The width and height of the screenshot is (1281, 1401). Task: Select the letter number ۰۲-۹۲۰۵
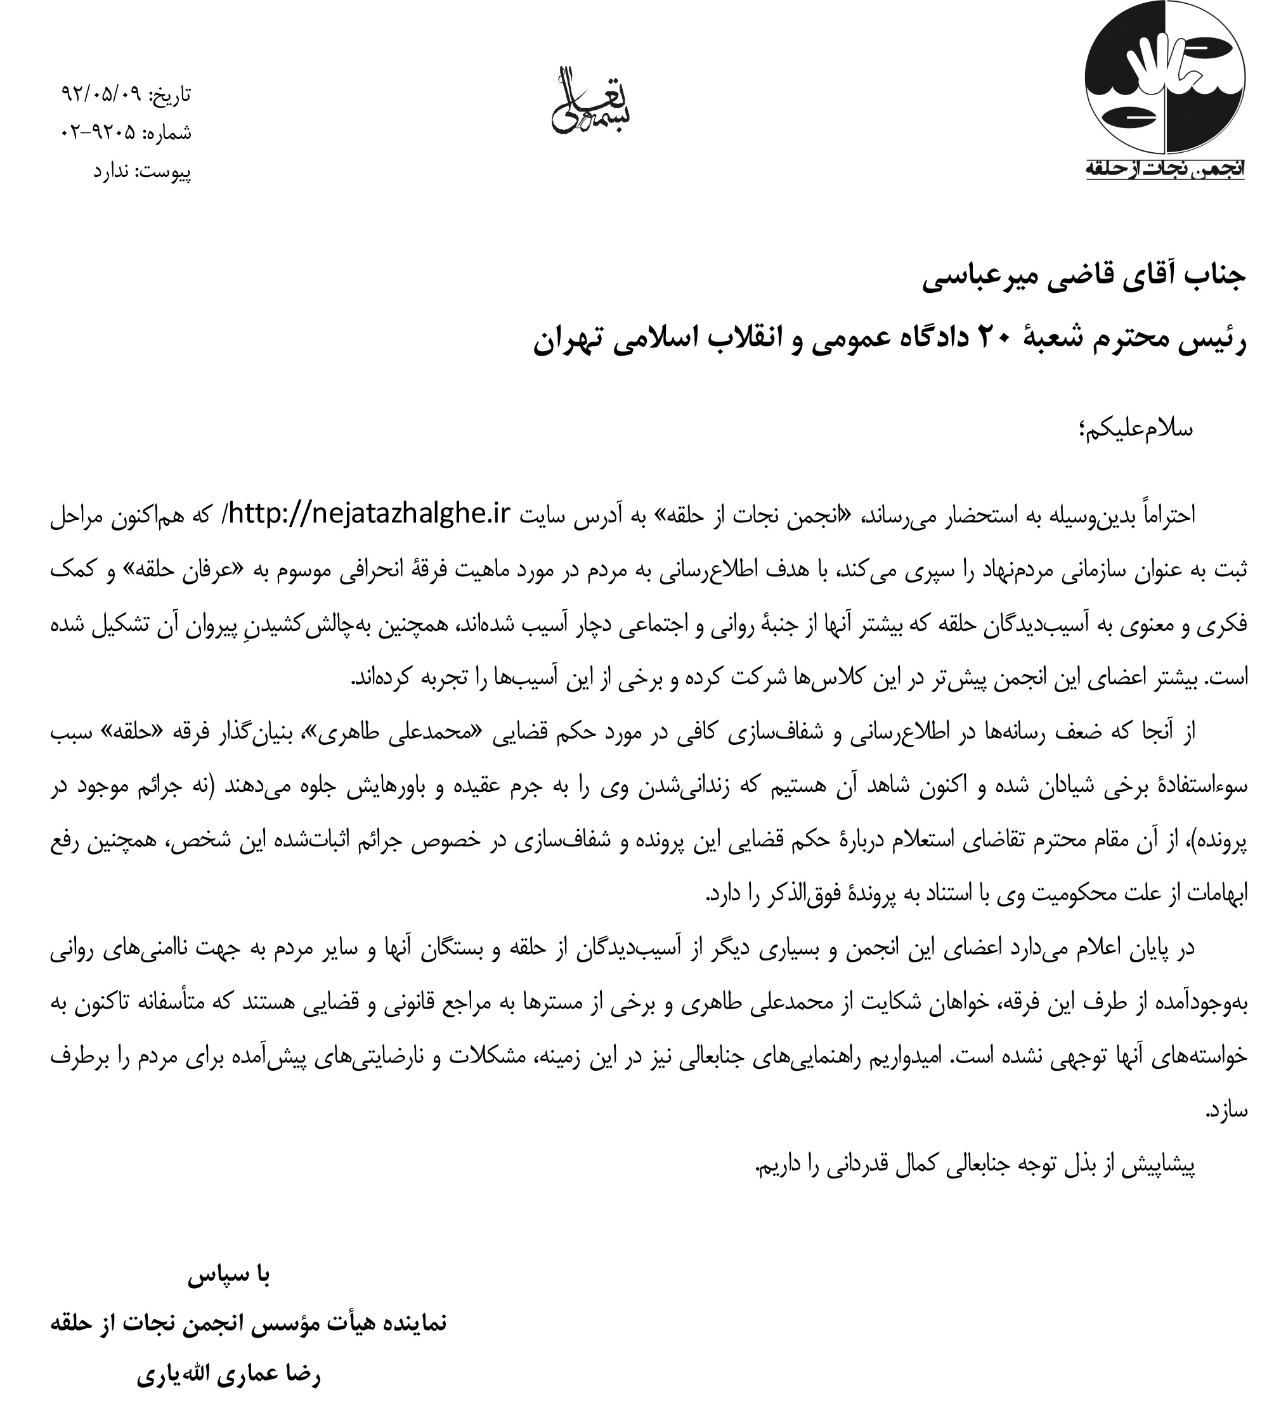tap(100, 133)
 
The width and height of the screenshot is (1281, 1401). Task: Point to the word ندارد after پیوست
tap(110, 171)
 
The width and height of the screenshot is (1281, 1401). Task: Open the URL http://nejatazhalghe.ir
tap(368, 514)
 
